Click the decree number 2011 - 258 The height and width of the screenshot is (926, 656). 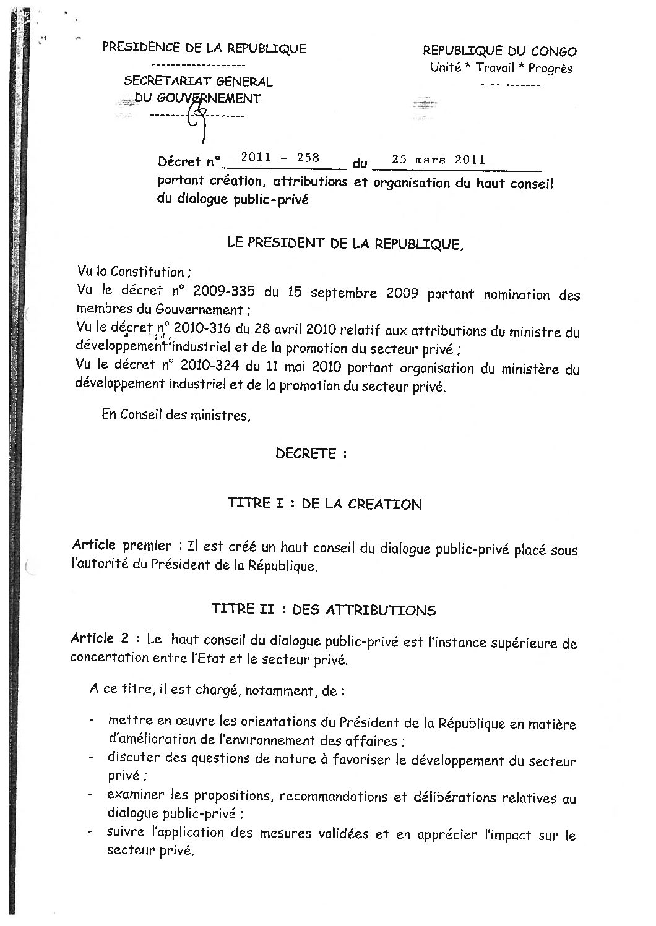(x=280, y=158)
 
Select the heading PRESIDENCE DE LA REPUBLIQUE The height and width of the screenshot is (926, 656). (x=204, y=48)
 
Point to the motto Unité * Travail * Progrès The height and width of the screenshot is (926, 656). (x=501, y=68)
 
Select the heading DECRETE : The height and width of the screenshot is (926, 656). (x=311, y=453)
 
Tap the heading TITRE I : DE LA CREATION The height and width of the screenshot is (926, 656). (x=325, y=504)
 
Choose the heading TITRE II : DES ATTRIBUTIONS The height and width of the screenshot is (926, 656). (x=323, y=610)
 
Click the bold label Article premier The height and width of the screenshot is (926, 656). (x=122, y=546)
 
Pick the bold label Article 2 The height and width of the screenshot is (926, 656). (x=101, y=639)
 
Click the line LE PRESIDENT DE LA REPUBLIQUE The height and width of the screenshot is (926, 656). (x=345, y=243)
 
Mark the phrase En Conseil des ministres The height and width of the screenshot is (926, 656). (x=176, y=415)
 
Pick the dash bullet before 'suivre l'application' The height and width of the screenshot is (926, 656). (x=92, y=833)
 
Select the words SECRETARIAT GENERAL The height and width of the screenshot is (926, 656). (x=198, y=81)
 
